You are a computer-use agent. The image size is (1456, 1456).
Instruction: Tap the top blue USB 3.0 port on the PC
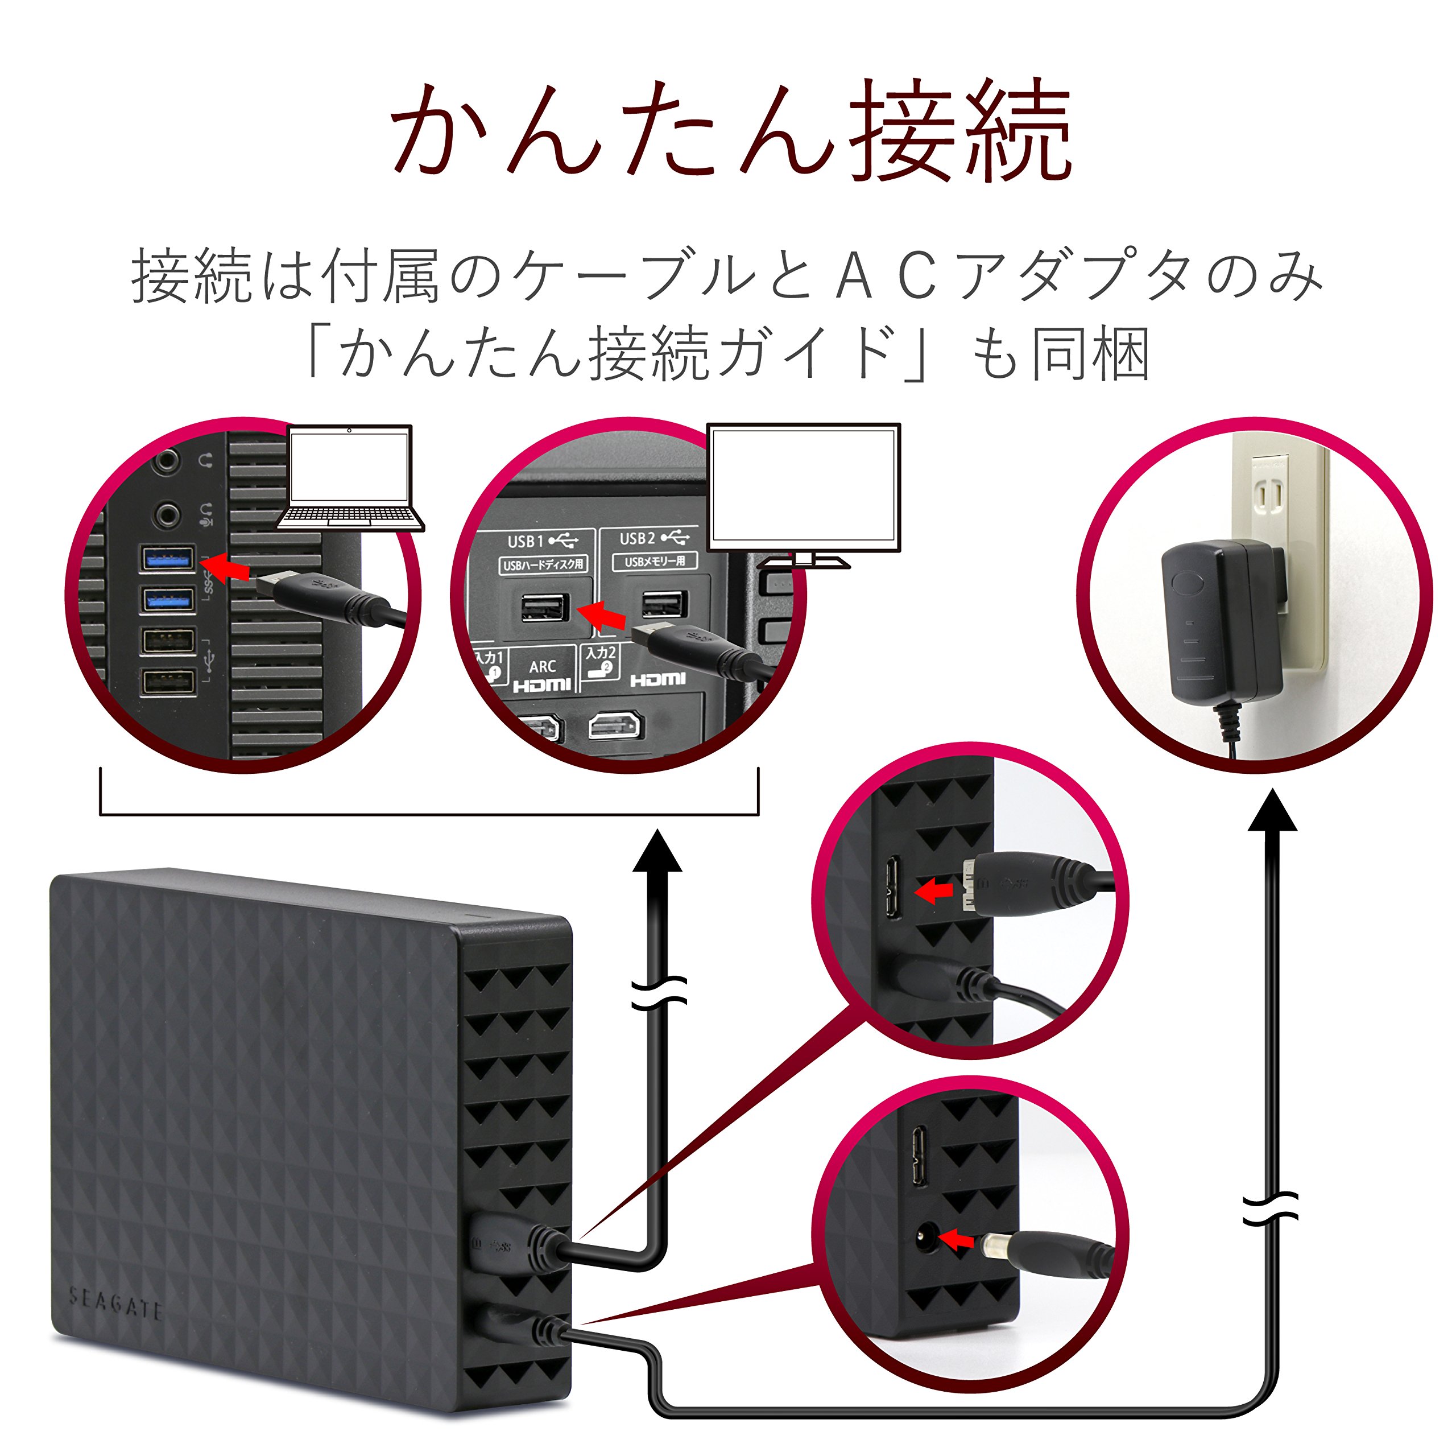(167, 559)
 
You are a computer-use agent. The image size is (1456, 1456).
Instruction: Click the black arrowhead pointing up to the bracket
(657, 851)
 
